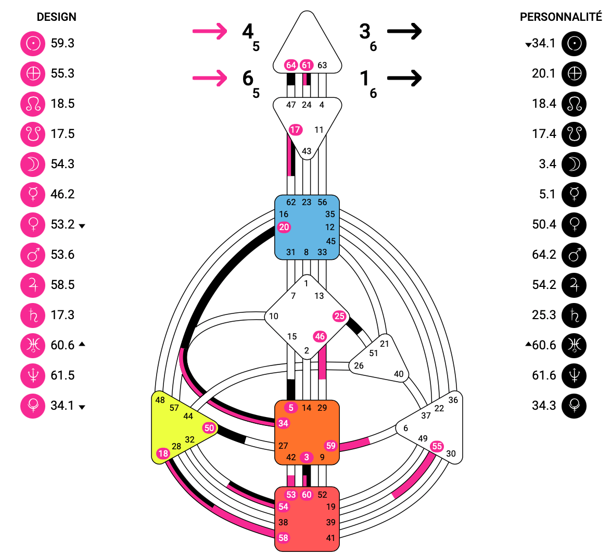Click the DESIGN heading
pos(56,17)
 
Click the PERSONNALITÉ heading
pos(561,17)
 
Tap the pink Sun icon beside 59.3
pos(33,43)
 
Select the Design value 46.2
pos(62,194)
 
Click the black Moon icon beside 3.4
pos(574,164)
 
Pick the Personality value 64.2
pos(544,255)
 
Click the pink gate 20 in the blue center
pos(284,227)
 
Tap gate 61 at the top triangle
pos(307,65)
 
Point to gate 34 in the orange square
pos(283,423)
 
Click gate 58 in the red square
pos(283,538)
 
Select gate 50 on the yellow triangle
pos(209,428)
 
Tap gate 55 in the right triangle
pos(437,446)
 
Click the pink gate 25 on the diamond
pos(339,316)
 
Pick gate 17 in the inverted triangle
pos(295,130)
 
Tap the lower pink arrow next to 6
pos(210,78)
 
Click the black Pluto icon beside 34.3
pos(574,406)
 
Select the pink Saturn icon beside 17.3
pos(33,315)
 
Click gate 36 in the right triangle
pos(453,400)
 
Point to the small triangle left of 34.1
pos(528,45)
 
